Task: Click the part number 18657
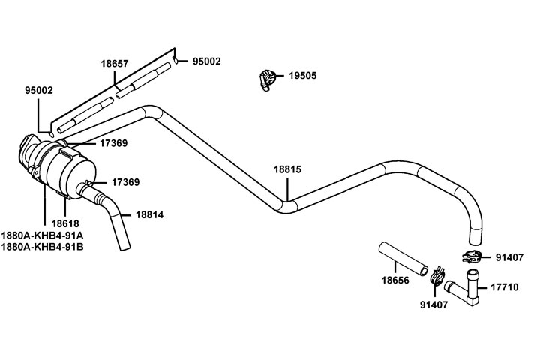pos(115,64)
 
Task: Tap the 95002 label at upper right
pos(206,61)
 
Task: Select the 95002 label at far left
pos(38,90)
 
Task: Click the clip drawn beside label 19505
pos(268,79)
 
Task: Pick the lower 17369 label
pos(126,182)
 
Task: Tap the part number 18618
pos(65,223)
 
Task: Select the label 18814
pos(149,214)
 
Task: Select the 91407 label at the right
pos(510,257)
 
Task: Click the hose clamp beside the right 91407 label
pos(472,256)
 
